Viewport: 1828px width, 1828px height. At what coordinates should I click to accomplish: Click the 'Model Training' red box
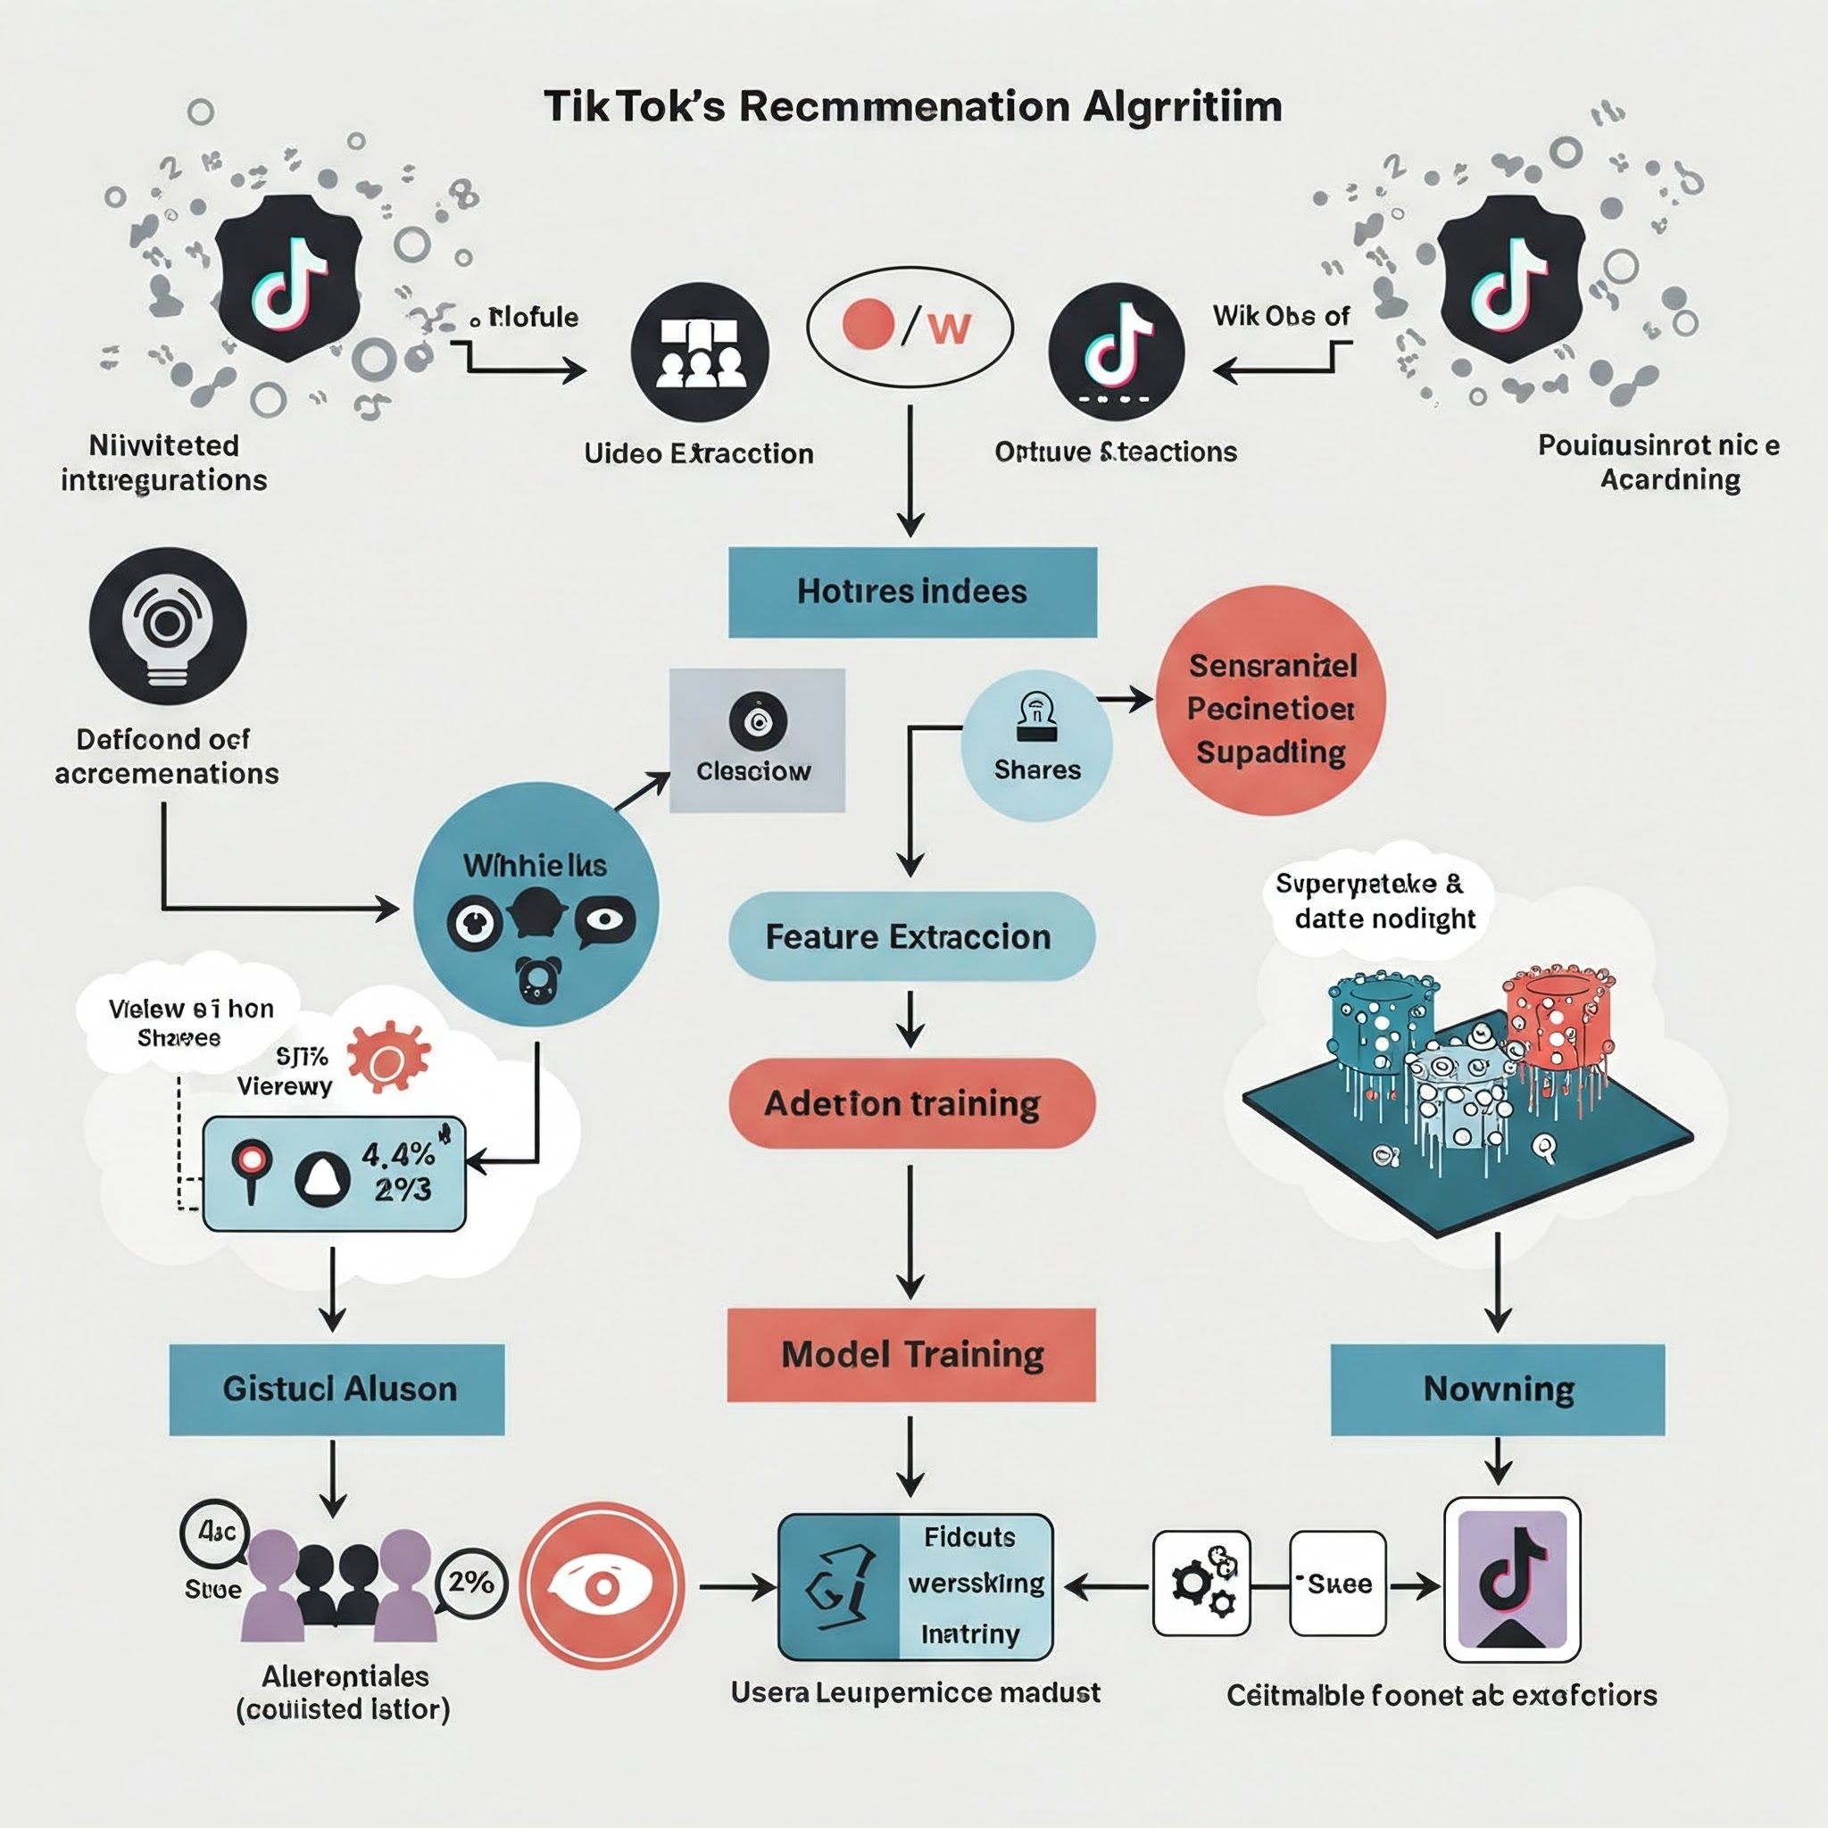pos(911,1355)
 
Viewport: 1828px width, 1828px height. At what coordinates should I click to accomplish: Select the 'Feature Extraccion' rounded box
pos(911,936)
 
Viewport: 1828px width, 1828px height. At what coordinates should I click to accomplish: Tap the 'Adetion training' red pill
pos(911,1103)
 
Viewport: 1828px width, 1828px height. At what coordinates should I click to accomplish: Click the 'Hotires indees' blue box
pos(912,593)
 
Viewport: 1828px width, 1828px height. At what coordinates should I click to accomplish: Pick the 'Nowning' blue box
pos(1498,1389)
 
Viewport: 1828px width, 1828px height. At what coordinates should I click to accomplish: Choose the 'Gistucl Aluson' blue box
pos(337,1389)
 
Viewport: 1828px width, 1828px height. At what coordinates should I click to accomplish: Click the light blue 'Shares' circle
pos(1037,745)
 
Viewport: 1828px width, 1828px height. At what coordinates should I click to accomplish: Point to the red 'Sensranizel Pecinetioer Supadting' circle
pos(1271,700)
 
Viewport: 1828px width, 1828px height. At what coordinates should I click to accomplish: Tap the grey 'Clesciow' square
pos(757,741)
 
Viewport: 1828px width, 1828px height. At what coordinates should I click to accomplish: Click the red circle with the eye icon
pos(602,1585)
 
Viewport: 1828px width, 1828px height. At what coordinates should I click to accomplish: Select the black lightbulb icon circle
pos(168,627)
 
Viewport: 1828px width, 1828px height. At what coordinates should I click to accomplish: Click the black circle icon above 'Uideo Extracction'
pos(700,352)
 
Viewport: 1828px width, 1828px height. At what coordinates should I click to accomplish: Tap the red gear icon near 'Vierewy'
pos(388,1058)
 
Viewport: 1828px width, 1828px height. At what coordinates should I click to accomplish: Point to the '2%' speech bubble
pos(471,1582)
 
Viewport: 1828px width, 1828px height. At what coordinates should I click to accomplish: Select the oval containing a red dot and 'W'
pos(910,328)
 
